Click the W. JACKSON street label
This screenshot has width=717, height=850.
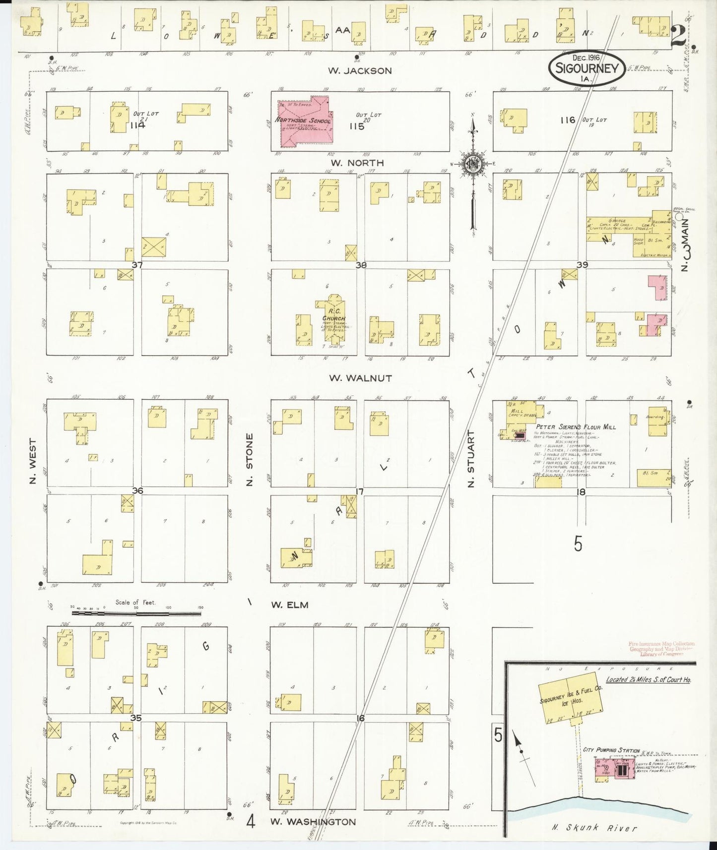click(x=360, y=71)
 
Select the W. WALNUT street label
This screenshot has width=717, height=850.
click(x=361, y=378)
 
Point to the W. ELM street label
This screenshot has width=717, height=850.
click(x=290, y=605)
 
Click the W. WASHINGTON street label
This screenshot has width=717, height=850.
click(x=313, y=821)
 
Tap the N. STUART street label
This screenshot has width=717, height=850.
click(x=471, y=459)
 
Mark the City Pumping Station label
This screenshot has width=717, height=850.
click(x=612, y=750)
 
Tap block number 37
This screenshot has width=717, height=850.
click(x=137, y=265)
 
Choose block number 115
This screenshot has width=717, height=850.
click(x=357, y=126)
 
